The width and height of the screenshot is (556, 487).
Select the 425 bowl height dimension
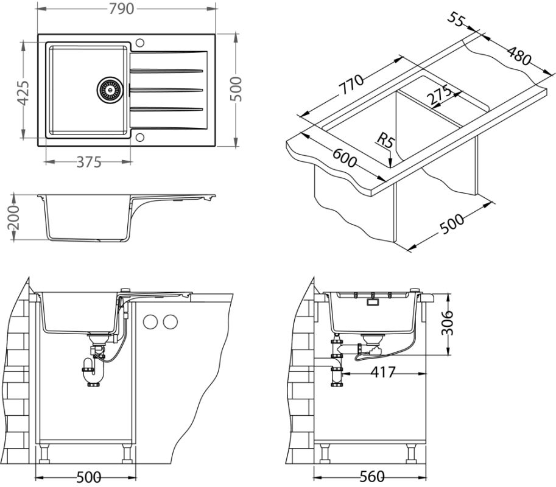(x=23, y=92)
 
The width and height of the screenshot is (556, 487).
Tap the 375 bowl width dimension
(x=90, y=162)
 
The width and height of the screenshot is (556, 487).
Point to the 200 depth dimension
(x=15, y=217)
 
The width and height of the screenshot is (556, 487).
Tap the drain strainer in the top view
(x=110, y=89)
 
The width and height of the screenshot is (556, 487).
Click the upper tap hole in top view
(x=141, y=43)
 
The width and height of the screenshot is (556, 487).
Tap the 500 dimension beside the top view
(x=238, y=89)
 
